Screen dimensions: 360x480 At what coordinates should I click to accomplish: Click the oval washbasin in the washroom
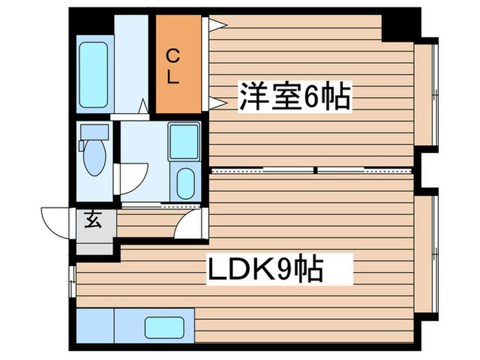[x=184, y=182]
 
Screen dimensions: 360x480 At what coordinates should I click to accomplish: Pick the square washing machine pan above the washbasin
[x=184, y=142]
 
